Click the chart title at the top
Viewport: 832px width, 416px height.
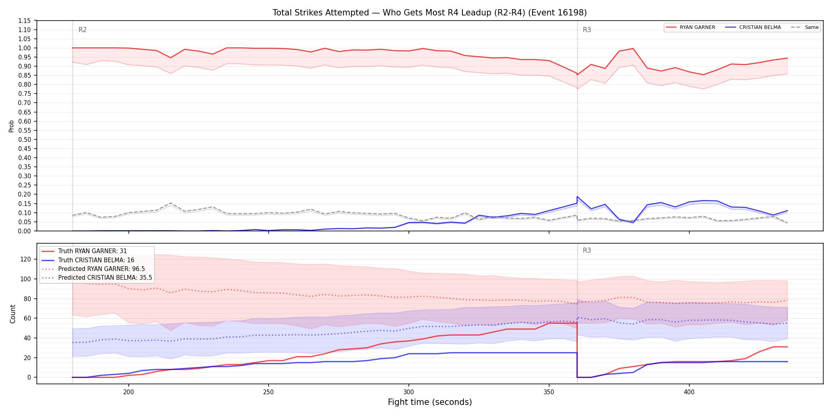(429, 13)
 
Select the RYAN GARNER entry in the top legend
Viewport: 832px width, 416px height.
(691, 27)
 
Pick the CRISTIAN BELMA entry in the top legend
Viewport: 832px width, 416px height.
(753, 27)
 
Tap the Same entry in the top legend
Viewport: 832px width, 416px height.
(805, 27)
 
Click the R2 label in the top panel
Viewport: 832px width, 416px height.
(82, 30)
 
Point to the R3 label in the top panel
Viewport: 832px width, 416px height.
(587, 30)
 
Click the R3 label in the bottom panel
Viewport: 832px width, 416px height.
(587, 250)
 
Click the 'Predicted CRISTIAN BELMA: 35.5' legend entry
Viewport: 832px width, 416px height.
(97, 278)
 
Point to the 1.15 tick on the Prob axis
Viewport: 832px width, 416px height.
(24, 21)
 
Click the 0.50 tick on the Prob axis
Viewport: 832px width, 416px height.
(24, 139)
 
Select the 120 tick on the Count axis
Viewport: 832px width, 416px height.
(26, 259)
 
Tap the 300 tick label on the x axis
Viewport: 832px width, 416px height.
(408, 392)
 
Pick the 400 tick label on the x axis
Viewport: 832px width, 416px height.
(689, 392)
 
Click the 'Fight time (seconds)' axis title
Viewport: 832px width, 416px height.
(430, 402)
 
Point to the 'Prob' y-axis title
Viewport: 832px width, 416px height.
(11, 126)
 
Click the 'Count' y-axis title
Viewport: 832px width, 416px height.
(13, 314)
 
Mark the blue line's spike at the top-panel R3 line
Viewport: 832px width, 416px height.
(577, 197)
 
